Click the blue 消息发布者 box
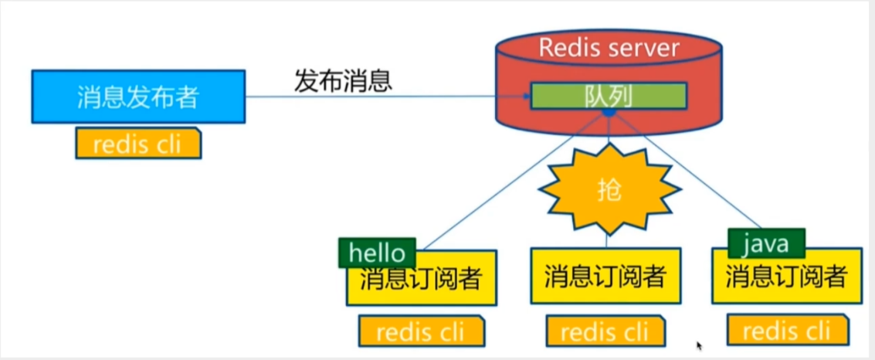(x=137, y=97)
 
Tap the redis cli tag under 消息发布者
(x=138, y=144)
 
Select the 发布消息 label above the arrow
(x=343, y=80)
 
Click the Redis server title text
(x=609, y=48)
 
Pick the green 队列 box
(x=609, y=96)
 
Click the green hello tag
(x=377, y=252)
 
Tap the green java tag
(x=767, y=245)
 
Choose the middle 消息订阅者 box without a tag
(x=605, y=276)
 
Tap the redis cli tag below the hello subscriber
(x=421, y=331)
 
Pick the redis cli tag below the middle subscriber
(x=605, y=332)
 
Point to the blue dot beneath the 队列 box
(x=609, y=114)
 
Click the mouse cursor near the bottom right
(x=700, y=347)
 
